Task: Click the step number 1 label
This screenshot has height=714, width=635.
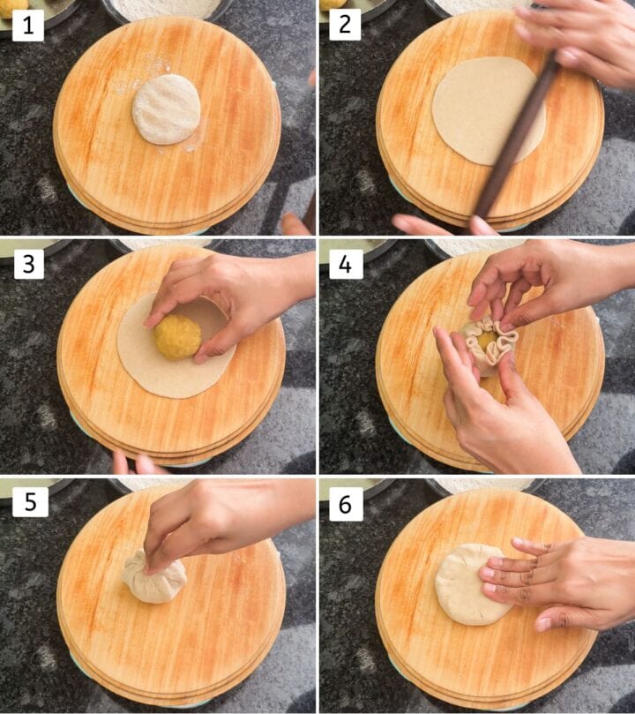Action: click(x=27, y=26)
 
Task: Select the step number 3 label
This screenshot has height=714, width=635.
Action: click(x=28, y=264)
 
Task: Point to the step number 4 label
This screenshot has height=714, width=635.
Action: click(x=346, y=264)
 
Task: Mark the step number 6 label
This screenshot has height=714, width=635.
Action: click(x=346, y=504)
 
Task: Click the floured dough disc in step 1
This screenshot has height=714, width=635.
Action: click(x=166, y=109)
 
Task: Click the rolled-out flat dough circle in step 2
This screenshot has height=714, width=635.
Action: click(x=489, y=111)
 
